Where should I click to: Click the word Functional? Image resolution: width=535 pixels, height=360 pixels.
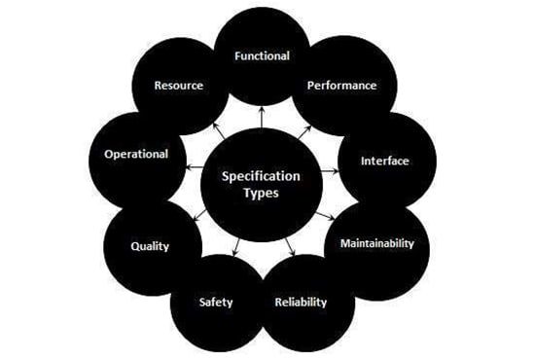262,55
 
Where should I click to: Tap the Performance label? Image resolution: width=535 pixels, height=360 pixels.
341,86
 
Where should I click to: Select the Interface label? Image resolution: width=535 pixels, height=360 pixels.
385,161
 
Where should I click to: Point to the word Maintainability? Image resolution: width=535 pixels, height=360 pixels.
377,243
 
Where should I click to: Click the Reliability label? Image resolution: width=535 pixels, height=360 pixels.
301,302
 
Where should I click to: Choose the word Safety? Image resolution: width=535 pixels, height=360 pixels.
216,302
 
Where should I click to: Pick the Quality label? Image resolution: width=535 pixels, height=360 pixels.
150,246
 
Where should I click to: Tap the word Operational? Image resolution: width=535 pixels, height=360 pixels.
136,155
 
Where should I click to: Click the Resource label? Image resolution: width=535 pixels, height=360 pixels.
178,86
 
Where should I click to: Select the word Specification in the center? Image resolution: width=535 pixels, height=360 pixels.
261,176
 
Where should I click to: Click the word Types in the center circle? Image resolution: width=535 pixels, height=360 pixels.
261,193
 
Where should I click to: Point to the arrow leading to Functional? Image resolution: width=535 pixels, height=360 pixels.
262,118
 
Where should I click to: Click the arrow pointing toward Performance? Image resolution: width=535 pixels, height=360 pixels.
304,132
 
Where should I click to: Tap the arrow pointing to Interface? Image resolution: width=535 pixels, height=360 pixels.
331,170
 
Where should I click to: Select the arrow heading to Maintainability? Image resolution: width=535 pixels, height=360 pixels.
325,216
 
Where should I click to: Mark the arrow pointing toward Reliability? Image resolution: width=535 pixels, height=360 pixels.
290,246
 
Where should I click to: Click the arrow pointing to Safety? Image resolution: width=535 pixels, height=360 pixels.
235,247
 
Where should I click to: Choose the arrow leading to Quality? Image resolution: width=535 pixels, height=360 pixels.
200,215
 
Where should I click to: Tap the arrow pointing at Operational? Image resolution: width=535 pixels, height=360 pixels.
195,166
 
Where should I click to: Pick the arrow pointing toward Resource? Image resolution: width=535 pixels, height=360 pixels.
219,131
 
